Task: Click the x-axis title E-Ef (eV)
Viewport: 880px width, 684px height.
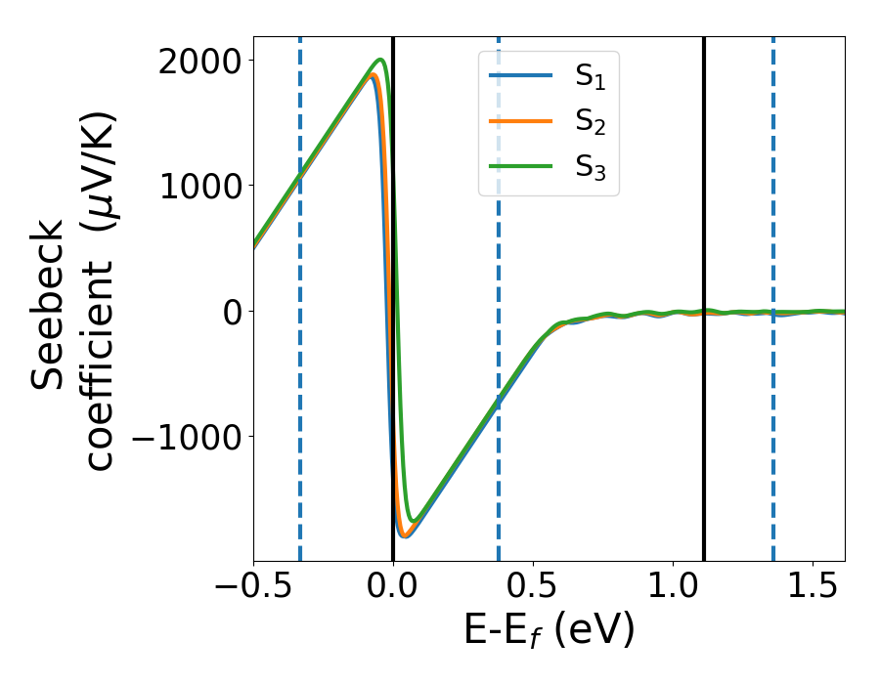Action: pos(549,631)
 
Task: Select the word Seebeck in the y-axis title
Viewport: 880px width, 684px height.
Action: pos(49,304)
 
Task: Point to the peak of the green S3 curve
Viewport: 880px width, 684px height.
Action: pos(380,61)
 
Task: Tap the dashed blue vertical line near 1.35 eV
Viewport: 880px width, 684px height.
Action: pos(773,440)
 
